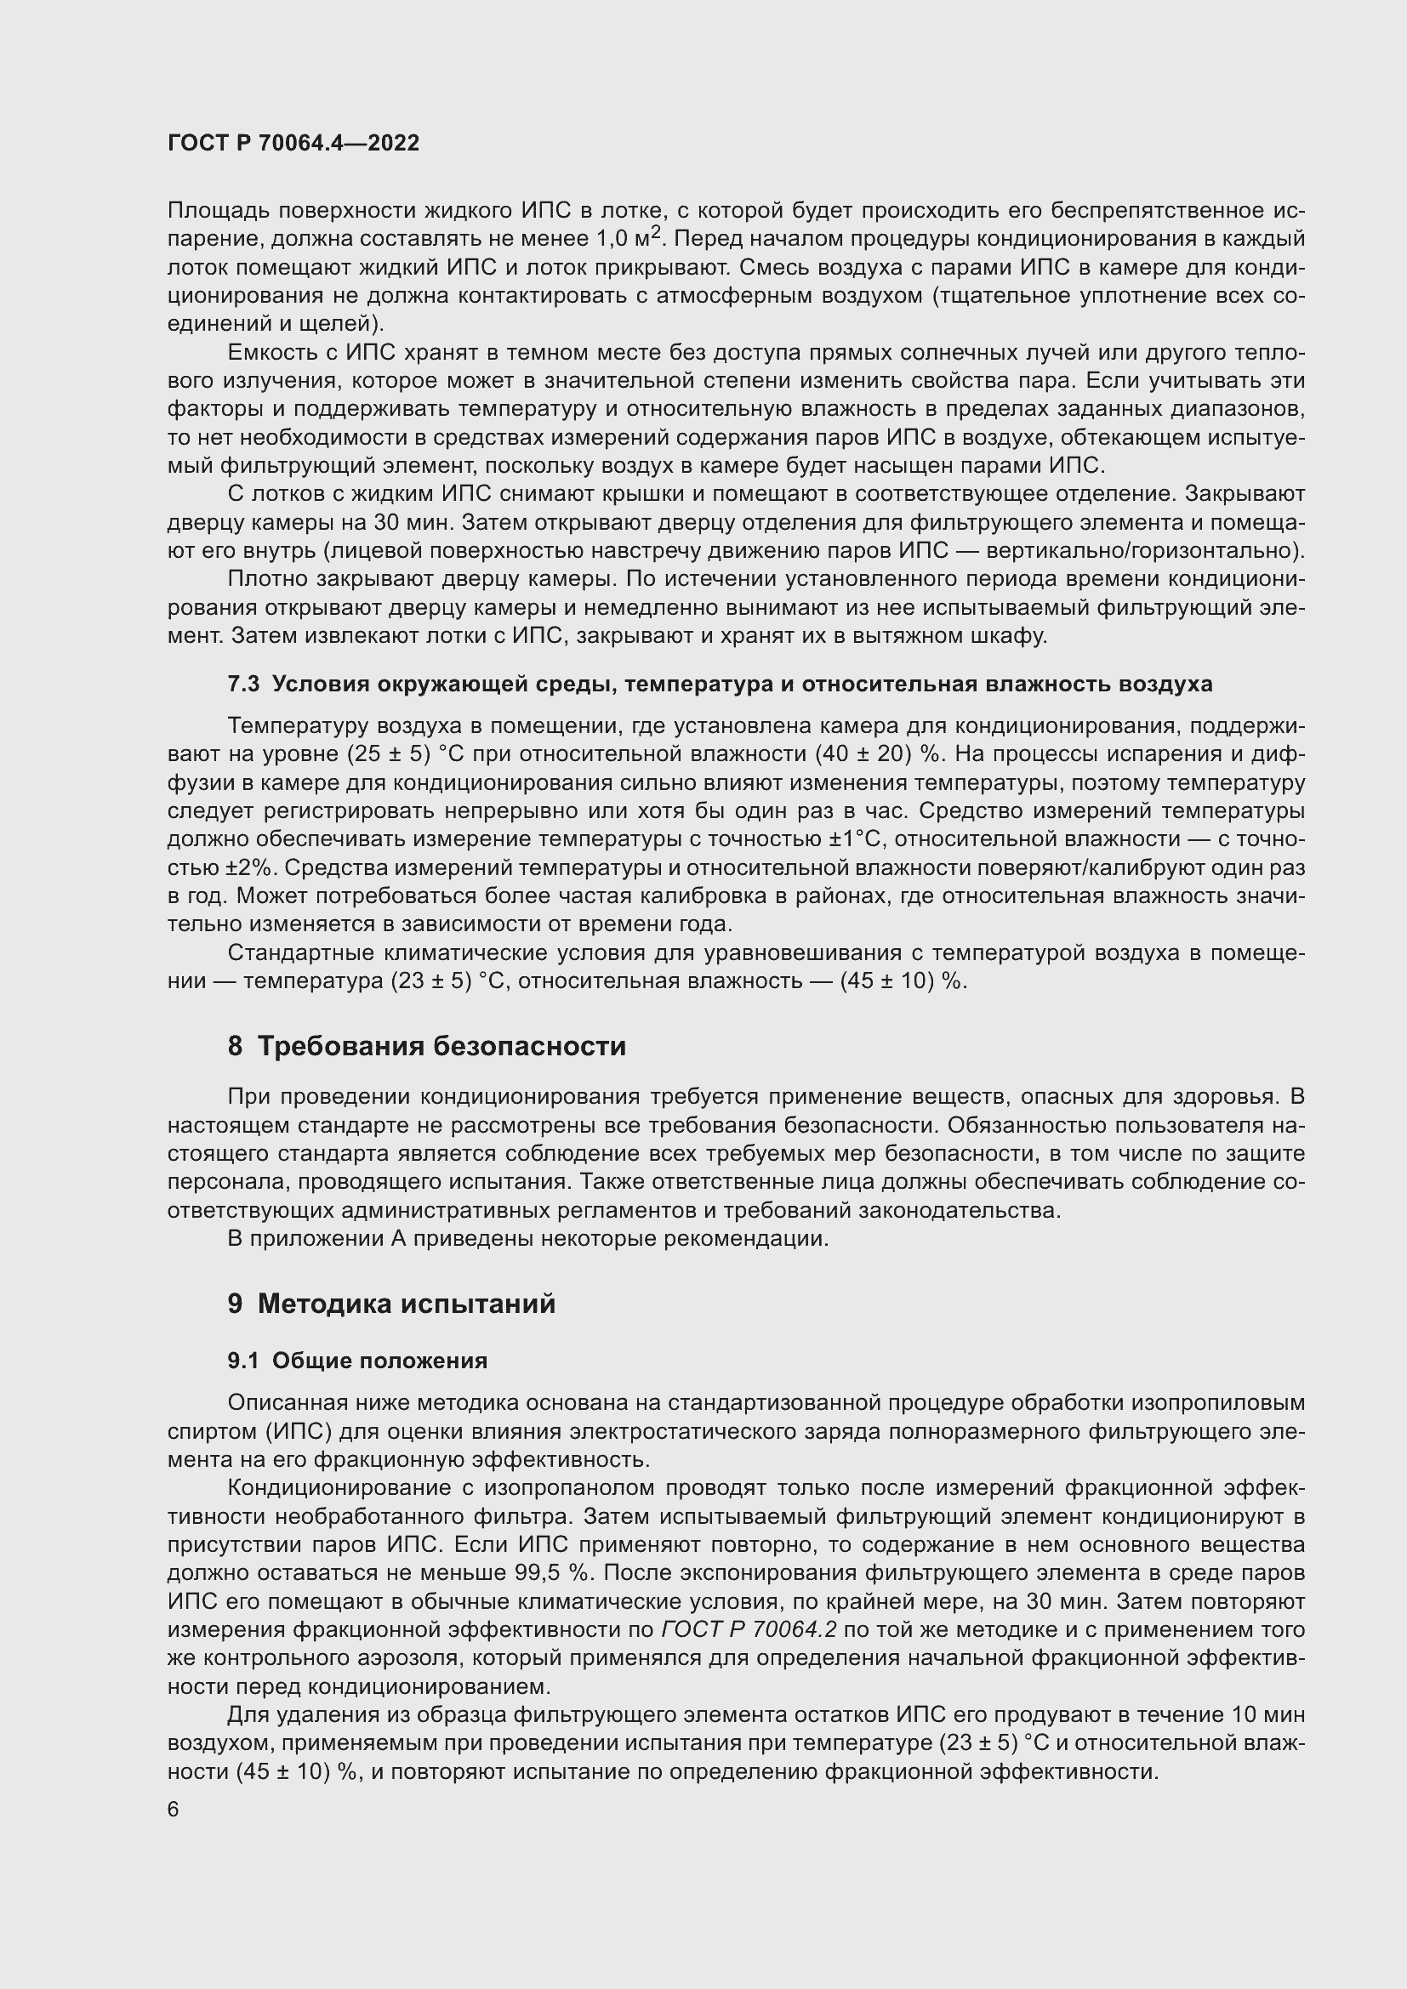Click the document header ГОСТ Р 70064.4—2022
point(293,143)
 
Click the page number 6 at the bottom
point(174,1810)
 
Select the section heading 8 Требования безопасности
point(426,1046)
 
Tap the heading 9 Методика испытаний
point(391,1303)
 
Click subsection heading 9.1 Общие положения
point(357,1360)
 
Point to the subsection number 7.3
point(243,684)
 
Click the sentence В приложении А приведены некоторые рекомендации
point(527,1238)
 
